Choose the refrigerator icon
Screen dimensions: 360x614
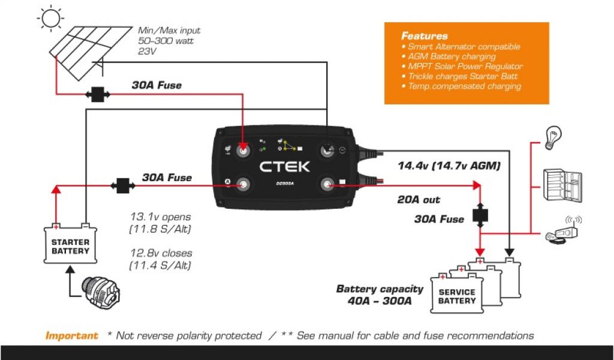(562, 185)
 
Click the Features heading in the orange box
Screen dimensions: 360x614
(425, 36)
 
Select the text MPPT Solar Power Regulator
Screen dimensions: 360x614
(465, 67)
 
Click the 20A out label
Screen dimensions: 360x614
(419, 200)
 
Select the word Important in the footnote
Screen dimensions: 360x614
(71, 336)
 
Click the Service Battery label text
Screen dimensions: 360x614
(457, 296)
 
